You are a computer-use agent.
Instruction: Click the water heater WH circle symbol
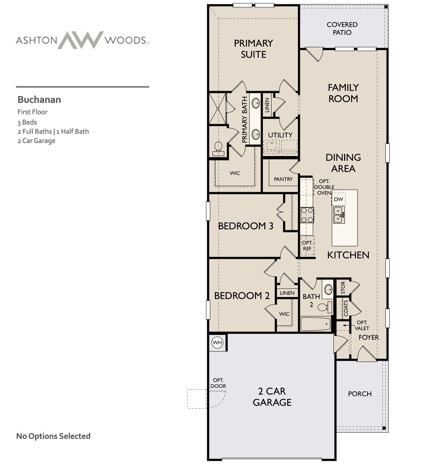click(x=217, y=342)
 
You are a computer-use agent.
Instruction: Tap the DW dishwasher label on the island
click(x=338, y=199)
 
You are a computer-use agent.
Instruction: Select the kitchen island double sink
click(x=339, y=215)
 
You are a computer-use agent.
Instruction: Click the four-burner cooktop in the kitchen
click(x=307, y=215)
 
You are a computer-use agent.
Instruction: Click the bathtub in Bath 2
click(x=315, y=324)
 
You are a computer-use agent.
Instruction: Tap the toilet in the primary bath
click(x=218, y=148)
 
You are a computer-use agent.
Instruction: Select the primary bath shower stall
click(x=217, y=108)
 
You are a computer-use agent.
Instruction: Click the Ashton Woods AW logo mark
click(x=81, y=40)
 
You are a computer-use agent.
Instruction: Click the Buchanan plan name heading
click(x=39, y=100)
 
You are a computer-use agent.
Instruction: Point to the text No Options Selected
click(x=53, y=436)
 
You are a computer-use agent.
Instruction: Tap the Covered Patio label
click(x=342, y=29)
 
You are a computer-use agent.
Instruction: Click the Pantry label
click(x=283, y=179)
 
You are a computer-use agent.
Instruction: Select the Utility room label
click(x=280, y=135)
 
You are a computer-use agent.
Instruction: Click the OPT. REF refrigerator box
click(x=307, y=246)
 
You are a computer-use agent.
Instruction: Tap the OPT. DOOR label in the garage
click(x=218, y=383)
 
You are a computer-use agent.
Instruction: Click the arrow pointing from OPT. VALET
click(x=346, y=325)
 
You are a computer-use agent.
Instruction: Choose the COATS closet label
click(x=346, y=308)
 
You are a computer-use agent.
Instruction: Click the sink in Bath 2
click(x=328, y=289)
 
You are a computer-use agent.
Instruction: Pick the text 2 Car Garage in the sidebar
click(x=36, y=141)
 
